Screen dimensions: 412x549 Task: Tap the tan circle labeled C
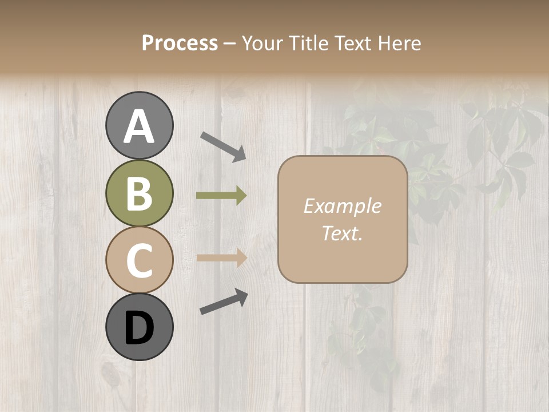click(x=140, y=260)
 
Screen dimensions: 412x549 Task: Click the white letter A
click(x=140, y=126)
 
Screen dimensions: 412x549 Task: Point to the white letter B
click(x=140, y=193)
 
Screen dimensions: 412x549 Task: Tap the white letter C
click(x=140, y=260)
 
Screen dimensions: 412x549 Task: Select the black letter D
click(x=140, y=328)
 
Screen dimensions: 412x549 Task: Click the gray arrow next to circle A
click(x=223, y=146)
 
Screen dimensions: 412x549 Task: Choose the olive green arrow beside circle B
click(x=221, y=196)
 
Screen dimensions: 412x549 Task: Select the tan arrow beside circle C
click(x=221, y=258)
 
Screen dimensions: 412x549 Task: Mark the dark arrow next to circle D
click(x=224, y=302)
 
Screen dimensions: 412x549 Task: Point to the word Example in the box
click(x=343, y=206)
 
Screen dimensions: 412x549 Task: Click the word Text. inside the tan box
click(x=343, y=233)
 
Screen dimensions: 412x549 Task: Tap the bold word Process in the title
click(x=180, y=43)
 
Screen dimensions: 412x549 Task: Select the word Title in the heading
click(x=308, y=43)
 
